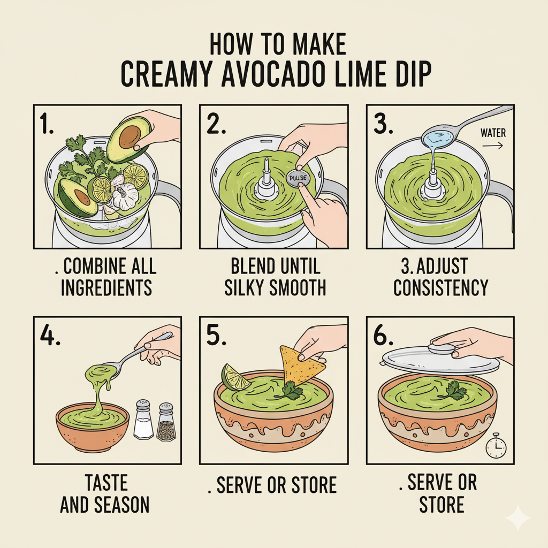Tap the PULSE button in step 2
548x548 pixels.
(x=295, y=179)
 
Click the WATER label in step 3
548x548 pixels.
(x=493, y=132)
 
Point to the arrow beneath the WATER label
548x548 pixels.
(x=493, y=144)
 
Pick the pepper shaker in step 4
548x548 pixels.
(x=166, y=422)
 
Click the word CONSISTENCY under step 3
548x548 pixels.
(x=440, y=288)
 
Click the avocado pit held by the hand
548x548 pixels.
(x=129, y=136)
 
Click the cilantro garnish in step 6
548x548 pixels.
(x=456, y=391)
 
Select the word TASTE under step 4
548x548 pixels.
(x=105, y=483)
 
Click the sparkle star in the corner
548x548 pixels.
(x=517, y=517)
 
